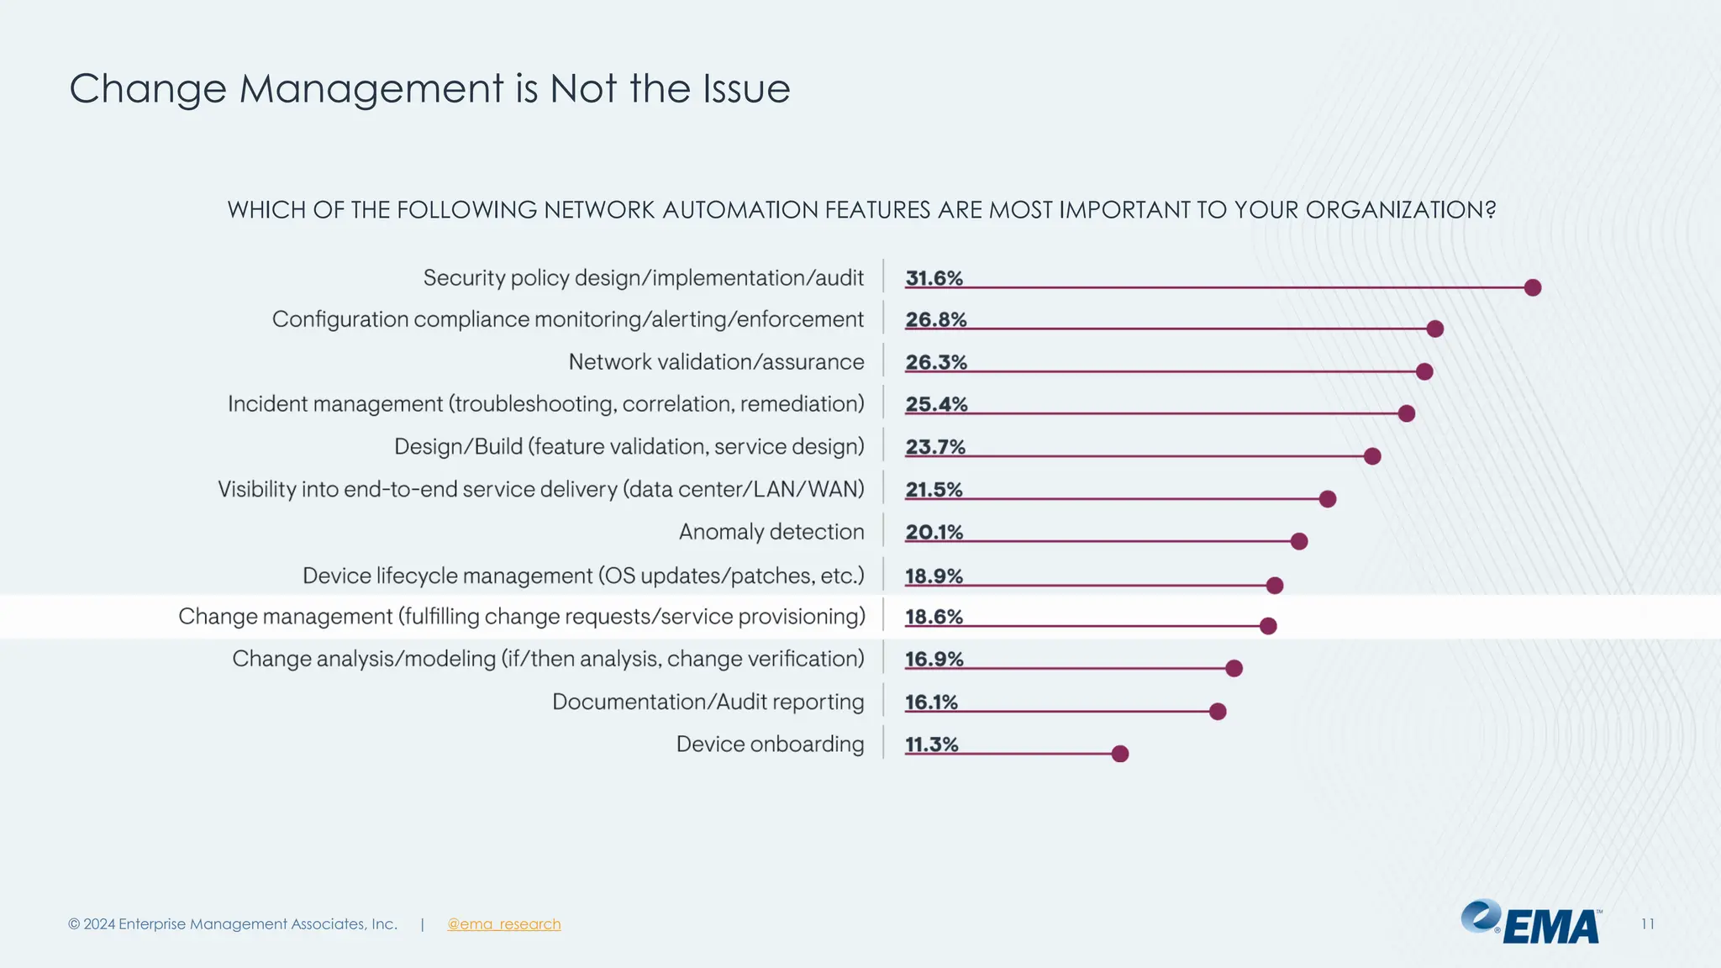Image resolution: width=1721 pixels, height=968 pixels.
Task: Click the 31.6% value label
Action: coord(934,278)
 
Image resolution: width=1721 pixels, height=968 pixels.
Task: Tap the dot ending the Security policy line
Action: coord(1532,287)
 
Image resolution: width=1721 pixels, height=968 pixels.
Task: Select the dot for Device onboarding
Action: coord(1119,754)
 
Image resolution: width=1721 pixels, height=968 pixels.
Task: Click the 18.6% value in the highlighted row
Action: coord(934,617)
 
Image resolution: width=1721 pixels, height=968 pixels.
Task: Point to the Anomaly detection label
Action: coord(771,532)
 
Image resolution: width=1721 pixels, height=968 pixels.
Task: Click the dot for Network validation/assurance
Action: coord(1424,371)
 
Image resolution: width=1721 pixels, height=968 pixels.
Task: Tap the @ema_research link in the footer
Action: coord(503,924)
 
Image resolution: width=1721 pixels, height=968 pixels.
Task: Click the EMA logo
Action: coord(1531,923)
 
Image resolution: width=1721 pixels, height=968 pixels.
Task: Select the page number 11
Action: coord(1647,924)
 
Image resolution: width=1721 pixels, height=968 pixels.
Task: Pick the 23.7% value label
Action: coord(935,447)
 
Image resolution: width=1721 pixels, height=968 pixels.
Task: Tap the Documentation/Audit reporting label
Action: coord(708,702)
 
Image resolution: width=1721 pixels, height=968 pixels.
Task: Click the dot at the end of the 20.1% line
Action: coord(1298,541)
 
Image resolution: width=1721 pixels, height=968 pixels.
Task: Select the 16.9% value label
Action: coord(934,660)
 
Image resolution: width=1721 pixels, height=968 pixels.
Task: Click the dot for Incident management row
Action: coord(1406,413)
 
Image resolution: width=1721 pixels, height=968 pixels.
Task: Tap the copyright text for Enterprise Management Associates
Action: coord(233,924)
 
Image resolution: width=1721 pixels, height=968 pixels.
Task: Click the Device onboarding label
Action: coord(770,744)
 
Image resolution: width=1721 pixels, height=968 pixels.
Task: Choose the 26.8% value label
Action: coord(935,320)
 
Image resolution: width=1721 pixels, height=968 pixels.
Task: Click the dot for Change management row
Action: coord(1268,626)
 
